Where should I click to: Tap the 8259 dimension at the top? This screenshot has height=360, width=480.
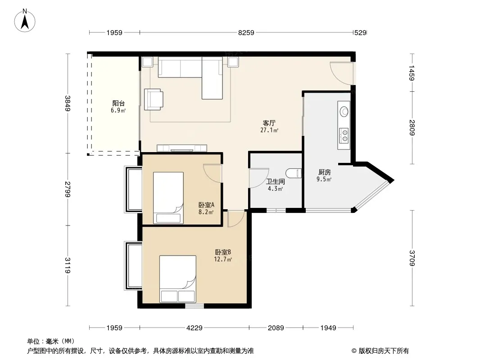[246, 33]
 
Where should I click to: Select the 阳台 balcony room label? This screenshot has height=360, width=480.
[118, 103]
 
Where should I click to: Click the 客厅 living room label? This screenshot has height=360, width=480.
[269, 123]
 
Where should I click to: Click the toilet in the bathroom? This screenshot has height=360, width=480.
[294, 173]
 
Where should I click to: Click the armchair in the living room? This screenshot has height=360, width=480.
[154, 99]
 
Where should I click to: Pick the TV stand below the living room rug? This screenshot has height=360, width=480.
[182, 148]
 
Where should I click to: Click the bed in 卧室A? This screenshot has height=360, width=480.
[168, 198]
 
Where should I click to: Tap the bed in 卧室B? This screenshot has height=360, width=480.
[177, 279]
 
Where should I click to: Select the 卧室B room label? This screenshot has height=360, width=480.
[223, 252]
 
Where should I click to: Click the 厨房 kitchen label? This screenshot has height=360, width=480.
[324, 172]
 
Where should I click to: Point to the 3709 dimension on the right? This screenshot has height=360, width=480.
[412, 258]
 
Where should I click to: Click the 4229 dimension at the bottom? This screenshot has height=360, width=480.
[195, 328]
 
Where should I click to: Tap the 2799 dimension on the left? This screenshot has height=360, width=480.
[68, 189]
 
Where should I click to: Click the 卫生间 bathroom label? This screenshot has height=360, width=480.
[276, 181]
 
